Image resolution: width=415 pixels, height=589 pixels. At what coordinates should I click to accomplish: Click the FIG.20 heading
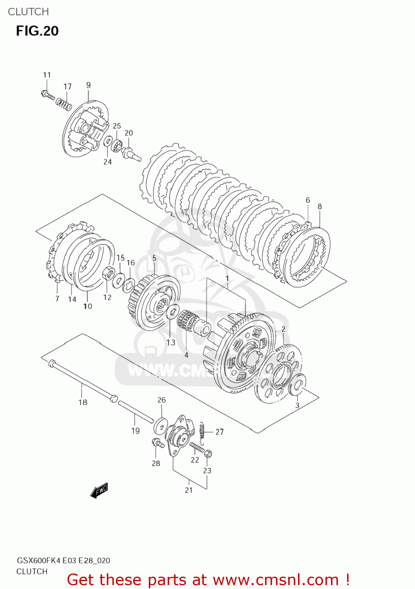pos(37,31)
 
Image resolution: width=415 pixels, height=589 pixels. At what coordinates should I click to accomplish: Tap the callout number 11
pos(47,75)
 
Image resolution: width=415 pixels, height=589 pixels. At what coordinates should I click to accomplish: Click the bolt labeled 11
pos(48,95)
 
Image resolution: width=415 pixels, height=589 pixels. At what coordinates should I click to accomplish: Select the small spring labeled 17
pos(64,104)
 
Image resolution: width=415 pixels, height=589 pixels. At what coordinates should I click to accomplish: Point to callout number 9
pos(88,85)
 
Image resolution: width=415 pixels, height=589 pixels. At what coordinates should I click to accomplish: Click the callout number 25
pos(117,126)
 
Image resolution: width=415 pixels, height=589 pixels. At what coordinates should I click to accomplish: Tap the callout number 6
pos(308,200)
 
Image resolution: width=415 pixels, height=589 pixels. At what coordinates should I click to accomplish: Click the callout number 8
pos(320,206)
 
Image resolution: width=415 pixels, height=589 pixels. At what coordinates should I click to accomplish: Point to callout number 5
pos(154,258)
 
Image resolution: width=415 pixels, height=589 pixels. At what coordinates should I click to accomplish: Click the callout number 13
pos(171,342)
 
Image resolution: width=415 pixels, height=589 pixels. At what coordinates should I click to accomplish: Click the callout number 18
pos(83,402)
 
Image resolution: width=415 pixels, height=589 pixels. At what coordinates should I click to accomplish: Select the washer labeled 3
pos(297,384)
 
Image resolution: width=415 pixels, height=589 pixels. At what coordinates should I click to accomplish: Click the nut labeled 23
pos(208,454)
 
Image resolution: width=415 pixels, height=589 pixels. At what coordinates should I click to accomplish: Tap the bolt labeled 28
pos(158,444)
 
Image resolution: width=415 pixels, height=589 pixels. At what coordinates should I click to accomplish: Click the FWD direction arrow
pos(99,491)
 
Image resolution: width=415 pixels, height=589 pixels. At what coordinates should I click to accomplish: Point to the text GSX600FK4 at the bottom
pos(38,560)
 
